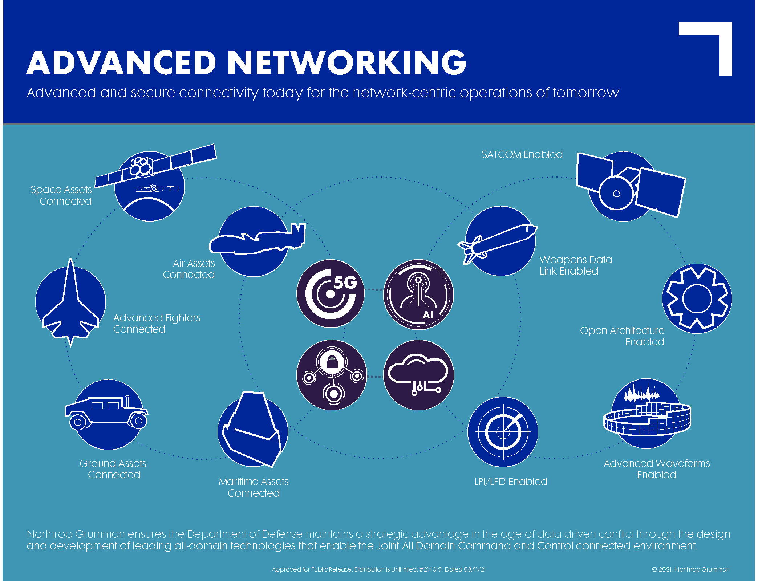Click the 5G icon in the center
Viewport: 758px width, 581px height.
(331, 293)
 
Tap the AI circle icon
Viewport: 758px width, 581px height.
(418, 294)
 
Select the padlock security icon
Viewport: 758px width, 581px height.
(332, 375)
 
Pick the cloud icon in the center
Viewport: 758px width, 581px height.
(418, 375)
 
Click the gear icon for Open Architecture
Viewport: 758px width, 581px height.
(697, 298)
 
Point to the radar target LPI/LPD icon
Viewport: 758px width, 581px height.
(503, 432)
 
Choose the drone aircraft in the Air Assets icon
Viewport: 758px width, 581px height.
(257, 240)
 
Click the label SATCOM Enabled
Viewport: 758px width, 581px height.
(522, 155)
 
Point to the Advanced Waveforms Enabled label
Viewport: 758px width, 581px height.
(656, 469)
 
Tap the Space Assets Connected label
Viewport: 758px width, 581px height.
(61, 195)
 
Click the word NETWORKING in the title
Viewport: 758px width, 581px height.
(348, 62)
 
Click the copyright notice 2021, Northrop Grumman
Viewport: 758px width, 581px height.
(690, 569)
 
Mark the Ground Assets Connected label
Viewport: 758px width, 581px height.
(113, 469)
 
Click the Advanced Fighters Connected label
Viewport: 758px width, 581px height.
(157, 323)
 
